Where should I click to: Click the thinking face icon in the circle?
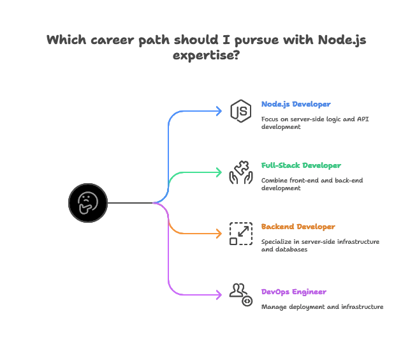[x=87, y=203]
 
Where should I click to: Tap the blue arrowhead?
[x=220, y=112]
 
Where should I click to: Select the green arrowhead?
[x=220, y=172]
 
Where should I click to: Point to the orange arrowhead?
[x=220, y=234]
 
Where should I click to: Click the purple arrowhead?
[x=220, y=294]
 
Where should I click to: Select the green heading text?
[x=300, y=165]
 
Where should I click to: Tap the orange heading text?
[x=298, y=227]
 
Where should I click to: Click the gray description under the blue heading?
[x=316, y=122]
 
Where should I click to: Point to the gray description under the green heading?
[x=314, y=183]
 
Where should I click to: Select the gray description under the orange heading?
[x=321, y=245]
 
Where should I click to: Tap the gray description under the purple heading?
[x=323, y=306]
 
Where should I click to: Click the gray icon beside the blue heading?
[x=241, y=111]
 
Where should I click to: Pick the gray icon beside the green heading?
[x=241, y=172]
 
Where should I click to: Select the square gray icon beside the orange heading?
[x=241, y=233]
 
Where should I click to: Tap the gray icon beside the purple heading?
[x=241, y=294]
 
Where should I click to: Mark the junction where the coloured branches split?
[x=158, y=203]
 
